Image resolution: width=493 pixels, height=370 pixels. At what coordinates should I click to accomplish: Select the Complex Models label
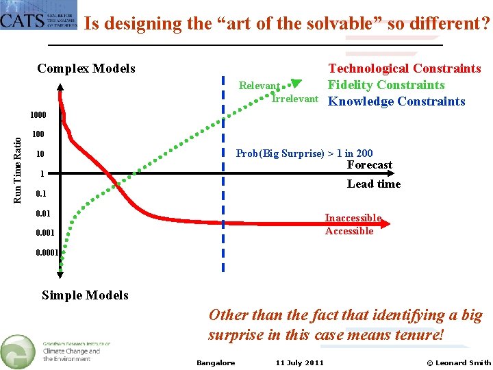86,69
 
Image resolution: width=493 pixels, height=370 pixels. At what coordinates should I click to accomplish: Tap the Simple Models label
85,295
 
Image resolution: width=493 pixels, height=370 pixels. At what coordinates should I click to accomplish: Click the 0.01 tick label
44,214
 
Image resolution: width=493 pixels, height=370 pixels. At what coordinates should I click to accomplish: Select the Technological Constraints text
405,69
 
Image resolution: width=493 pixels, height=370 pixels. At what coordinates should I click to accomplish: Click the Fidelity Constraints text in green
386,85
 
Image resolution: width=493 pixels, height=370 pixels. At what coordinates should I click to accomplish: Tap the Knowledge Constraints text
396,101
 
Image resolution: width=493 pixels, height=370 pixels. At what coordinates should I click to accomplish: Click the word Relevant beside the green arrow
259,86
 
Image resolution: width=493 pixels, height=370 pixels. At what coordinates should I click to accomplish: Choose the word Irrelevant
295,99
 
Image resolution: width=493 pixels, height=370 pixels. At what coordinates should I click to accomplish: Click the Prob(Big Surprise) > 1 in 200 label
304,153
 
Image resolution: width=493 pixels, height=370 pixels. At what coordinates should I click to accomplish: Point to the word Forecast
370,165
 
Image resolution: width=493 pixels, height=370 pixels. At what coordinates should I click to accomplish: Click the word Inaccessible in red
353,218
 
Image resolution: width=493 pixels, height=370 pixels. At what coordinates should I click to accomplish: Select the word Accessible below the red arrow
349,231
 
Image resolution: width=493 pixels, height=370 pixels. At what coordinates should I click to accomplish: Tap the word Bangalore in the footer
216,362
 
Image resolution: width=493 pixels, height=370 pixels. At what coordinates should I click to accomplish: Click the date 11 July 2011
300,362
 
